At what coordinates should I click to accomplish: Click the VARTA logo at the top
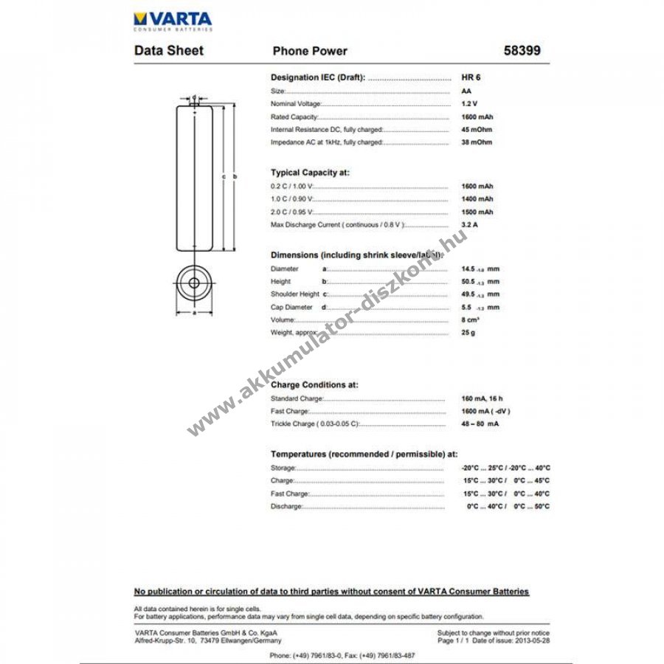173,21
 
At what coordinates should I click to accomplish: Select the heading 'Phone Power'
310,51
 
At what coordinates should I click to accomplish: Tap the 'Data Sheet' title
169,51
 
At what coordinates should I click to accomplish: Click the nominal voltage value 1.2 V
469,104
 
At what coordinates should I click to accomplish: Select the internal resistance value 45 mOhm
476,129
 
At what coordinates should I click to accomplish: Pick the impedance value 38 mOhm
476,142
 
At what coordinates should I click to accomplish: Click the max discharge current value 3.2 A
469,224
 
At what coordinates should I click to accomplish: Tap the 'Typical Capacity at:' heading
310,173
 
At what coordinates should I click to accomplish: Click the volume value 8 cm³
470,319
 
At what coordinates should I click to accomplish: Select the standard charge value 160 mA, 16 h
481,398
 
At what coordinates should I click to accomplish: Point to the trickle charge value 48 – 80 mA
480,424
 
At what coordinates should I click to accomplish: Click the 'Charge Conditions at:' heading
314,384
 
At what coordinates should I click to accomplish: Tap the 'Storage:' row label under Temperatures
283,468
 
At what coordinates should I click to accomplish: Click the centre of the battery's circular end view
194,282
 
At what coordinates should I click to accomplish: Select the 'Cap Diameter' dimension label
289,307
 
